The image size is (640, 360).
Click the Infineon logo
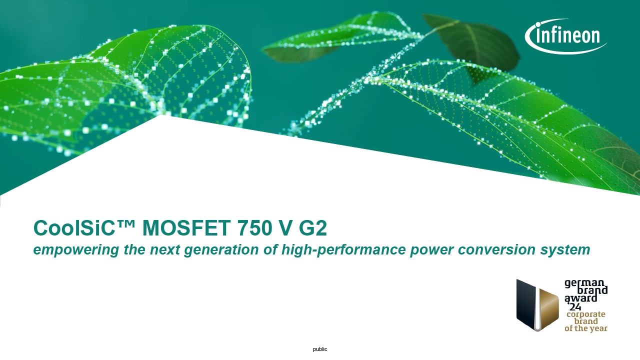click(565, 36)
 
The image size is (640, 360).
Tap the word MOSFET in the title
click(186, 227)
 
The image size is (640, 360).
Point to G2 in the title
click(313, 227)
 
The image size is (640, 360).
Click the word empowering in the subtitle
click(76, 249)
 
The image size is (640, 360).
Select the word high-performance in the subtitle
click(343, 249)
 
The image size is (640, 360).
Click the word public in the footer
click(320, 349)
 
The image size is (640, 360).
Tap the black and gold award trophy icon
click(537, 305)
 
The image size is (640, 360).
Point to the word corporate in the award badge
click(586, 314)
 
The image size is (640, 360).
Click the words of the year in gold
click(586, 328)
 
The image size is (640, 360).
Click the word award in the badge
click(581, 298)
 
